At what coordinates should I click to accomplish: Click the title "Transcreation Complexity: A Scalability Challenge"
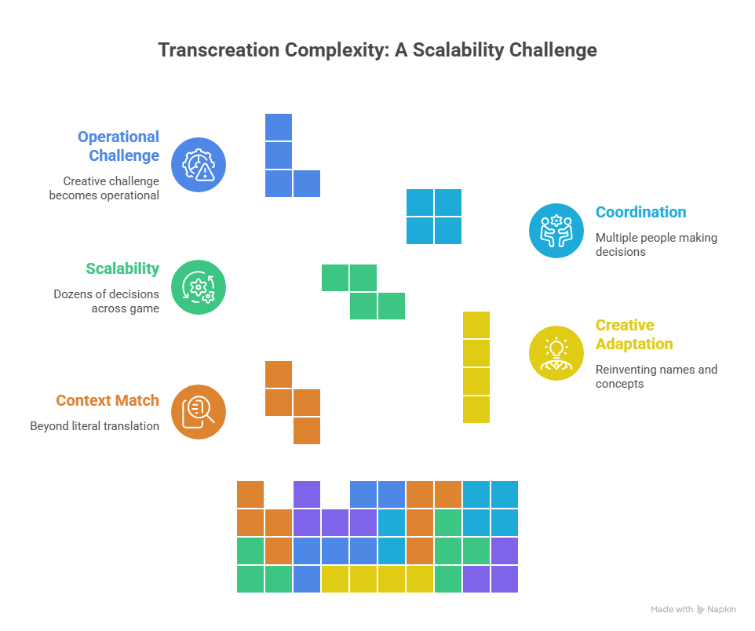pyautogui.click(x=377, y=50)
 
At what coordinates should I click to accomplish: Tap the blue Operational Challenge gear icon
pyautogui.click(x=199, y=165)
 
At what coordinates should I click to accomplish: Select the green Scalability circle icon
pyautogui.click(x=199, y=287)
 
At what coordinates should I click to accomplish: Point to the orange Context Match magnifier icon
pyautogui.click(x=199, y=411)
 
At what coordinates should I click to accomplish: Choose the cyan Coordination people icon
pyautogui.click(x=556, y=231)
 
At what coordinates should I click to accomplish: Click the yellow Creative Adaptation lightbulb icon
pyautogui.click(x=556, y=353)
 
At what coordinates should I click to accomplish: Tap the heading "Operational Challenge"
pyautogui.click(x=119, y=146)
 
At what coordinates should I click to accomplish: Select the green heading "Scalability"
pyautogui.click(x=122, y=268)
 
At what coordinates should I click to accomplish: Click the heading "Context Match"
pyautogui.click(x=108, y=400)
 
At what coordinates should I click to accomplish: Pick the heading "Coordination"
pyautogui.click(x=640, y=212)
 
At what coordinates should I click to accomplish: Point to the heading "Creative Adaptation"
pyautogui.click(x=634, y=334)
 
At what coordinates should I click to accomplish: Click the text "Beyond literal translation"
pyautogui.click(x=95, y=426)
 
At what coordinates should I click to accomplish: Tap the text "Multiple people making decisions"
pyautogui.click(x=656, y=244)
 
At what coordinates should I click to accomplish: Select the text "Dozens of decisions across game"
pyautogui.click(x=106, y=301)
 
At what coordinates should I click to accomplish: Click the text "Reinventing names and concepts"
pyautogui.click(x=656, y=376)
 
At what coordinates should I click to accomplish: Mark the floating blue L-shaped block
pyautogui.click(x=279, y=169)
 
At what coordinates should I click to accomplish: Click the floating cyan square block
pyautogui.click(x=434, y=217)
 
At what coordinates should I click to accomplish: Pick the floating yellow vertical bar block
pyautogui.click(x=476, y=367)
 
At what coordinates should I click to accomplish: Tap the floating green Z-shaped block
pyautogui.click(x=363, y=292)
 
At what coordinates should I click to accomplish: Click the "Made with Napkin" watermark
pyautogui.click(x=694, y=610)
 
